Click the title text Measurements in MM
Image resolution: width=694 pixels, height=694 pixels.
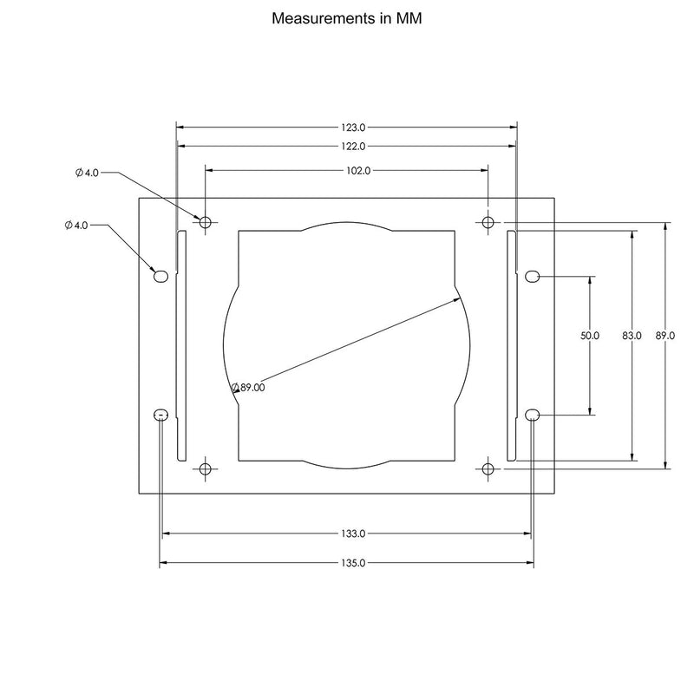[x=347, y=17]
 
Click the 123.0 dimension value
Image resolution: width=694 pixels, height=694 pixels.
[x=347, y=127]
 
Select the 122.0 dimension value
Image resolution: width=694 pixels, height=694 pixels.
[x=347, y=147]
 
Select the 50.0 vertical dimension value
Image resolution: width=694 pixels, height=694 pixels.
[x=590, y=335]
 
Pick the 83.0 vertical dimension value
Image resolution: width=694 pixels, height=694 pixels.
[x=632, y=335]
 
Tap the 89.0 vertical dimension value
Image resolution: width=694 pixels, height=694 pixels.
[x=665, y=335]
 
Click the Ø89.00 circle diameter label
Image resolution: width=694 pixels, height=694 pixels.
[x=248, y=388]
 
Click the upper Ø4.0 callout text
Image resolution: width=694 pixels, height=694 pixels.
[x=88, y=173]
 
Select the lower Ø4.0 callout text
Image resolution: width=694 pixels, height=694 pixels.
[x=76, y=225]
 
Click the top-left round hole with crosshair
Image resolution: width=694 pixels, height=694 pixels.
[x=206, y=223]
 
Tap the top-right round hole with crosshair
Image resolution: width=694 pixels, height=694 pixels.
[x=488, y=223]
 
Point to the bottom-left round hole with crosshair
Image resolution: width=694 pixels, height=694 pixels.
[x=206, y=469]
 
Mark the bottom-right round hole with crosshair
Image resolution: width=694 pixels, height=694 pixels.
[x=488, y=469]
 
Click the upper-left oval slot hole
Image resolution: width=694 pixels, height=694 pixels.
[x=160, y=277]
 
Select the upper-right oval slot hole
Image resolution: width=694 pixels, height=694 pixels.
[x=533, y=277]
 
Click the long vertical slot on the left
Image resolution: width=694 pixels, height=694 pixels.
[x=180, y=347]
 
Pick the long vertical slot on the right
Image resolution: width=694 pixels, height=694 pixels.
[x=512, y=347]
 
